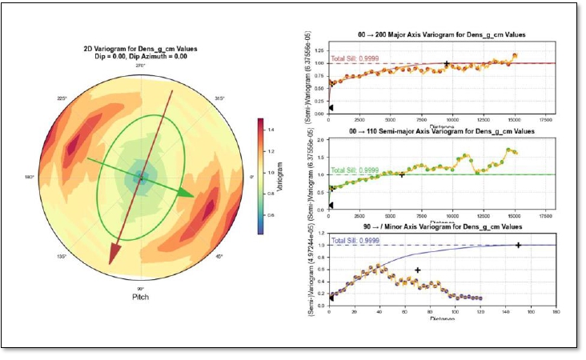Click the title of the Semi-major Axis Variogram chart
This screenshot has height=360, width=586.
pyautogui.click(x=435, y=130)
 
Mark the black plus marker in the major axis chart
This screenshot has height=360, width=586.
pyautogui.click(x=446, y=63)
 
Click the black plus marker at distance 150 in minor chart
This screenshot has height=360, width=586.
pyautogui.click(x=518, y=245)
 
